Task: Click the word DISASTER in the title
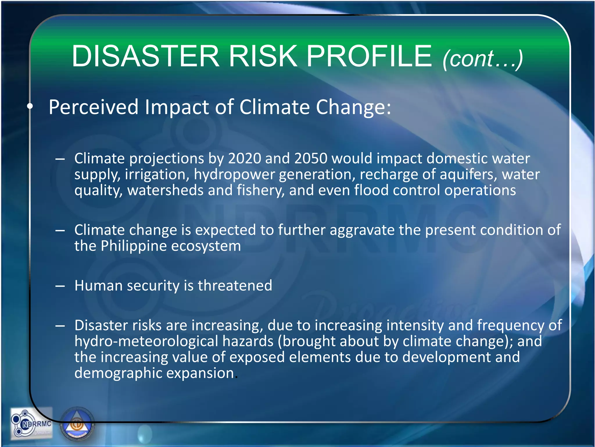(x=145, y=56)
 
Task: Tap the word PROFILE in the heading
(x=369, y=56)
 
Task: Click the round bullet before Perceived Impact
(x=30, y=107)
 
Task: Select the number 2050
(x=311, y=158)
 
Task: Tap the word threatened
(x=235, y=285)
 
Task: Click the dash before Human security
(x=60, y=286)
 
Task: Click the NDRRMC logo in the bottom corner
(x=31, y=423)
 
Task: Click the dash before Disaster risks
(x=60, y=326)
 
